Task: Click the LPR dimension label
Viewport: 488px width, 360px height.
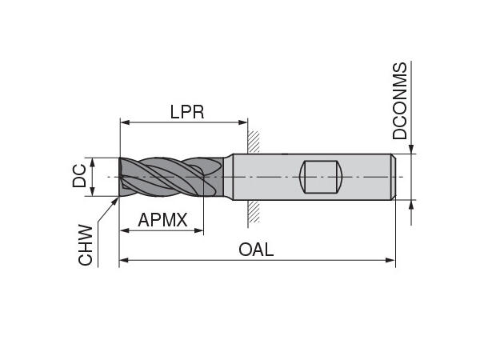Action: coord(187,112)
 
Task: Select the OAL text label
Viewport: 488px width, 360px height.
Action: coord(256,249)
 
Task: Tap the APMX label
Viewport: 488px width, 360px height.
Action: coord(162,219)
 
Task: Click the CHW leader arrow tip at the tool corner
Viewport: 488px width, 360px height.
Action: coord(117,194)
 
